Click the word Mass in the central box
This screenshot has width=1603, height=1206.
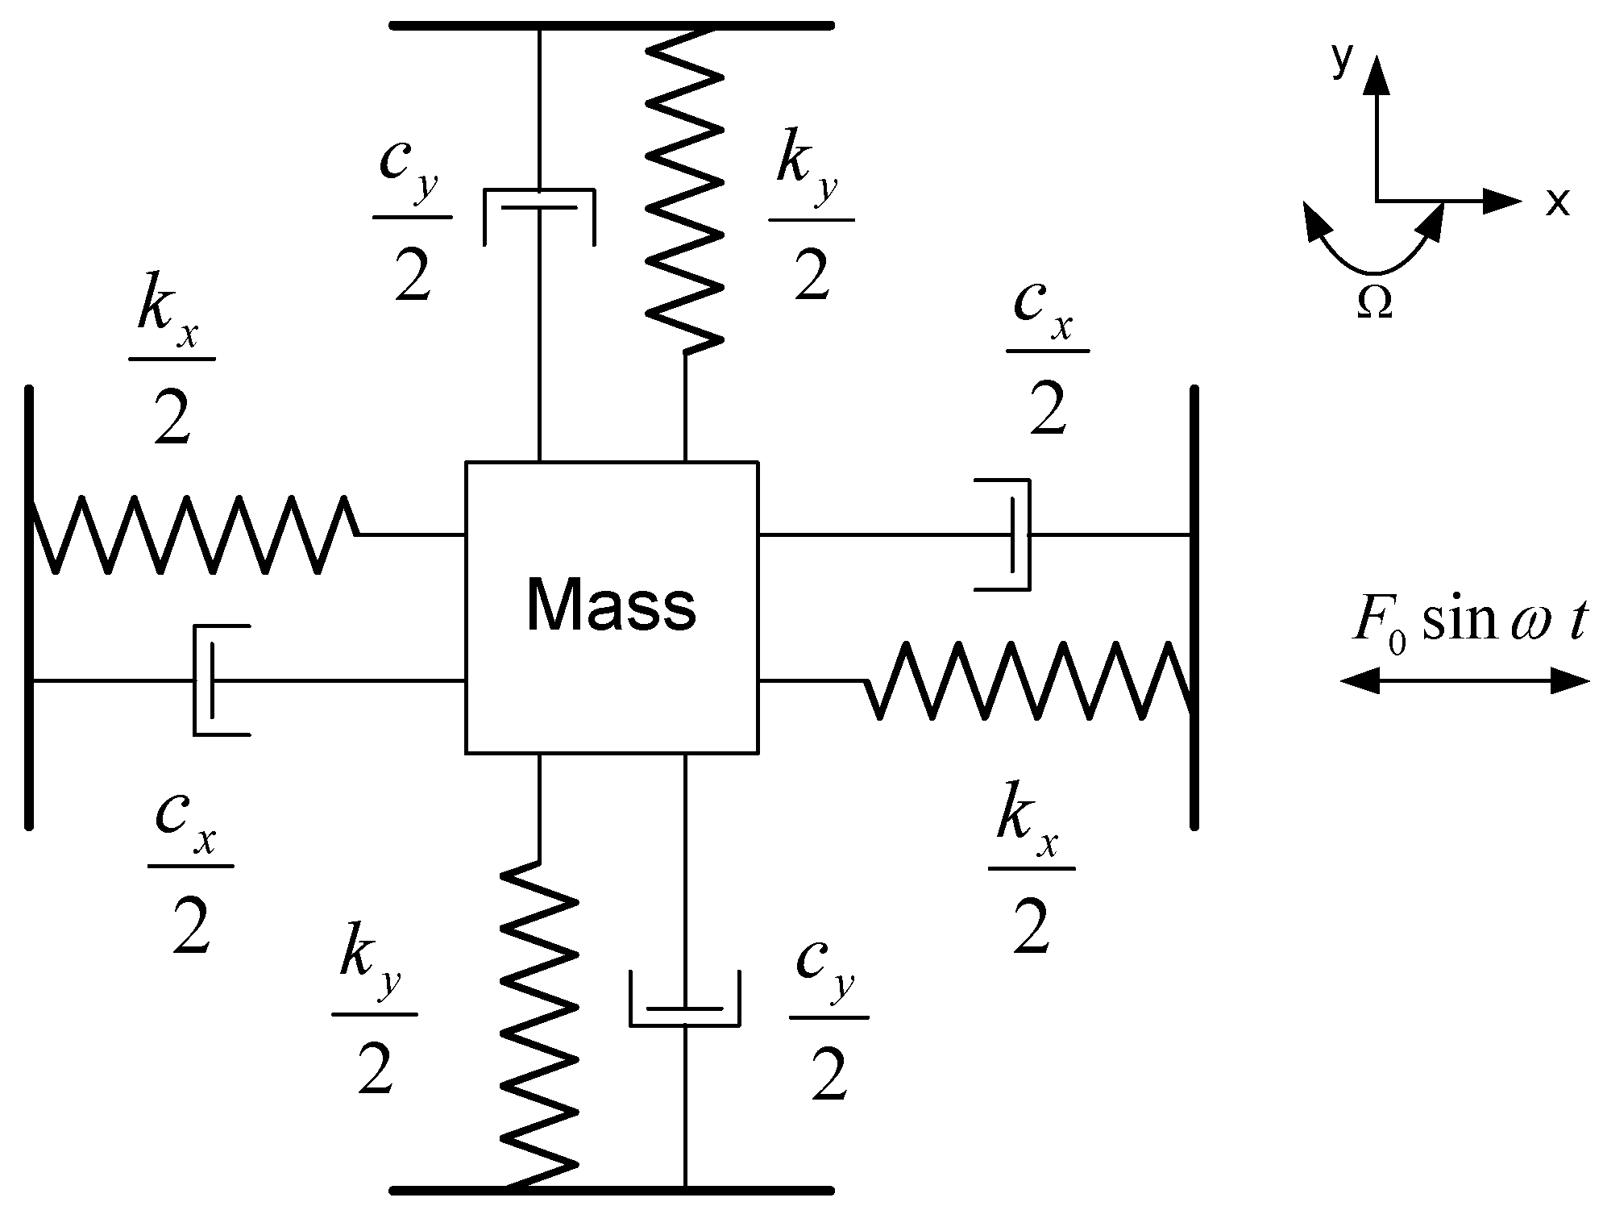pos(610,605)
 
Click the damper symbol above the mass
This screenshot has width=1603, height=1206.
pos(539,214)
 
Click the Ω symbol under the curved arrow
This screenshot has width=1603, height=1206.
pos(1374,304)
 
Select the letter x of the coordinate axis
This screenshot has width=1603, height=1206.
pos(1557,203)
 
